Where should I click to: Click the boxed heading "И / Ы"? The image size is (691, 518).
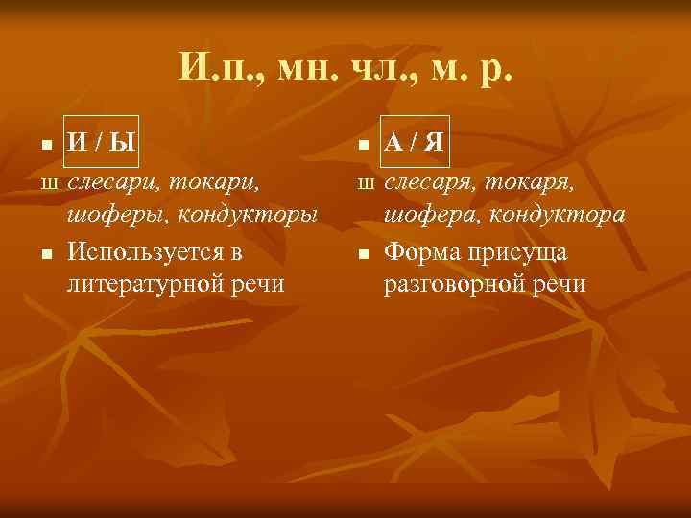click(x=101, y=144)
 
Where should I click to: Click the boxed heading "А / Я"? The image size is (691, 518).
click(x=414, y=144)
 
